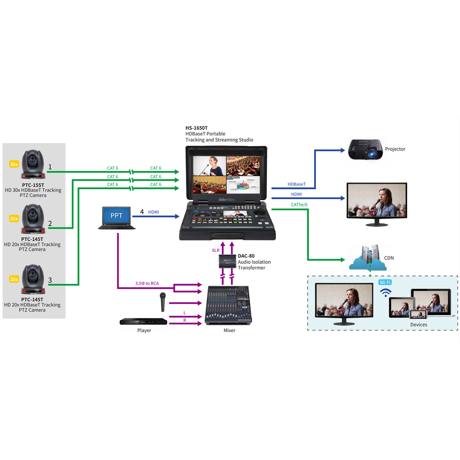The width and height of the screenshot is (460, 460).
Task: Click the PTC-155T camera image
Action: (33, 164)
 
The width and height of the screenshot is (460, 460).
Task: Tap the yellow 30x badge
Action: (14, 164)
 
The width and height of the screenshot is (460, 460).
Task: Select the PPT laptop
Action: (116, 218)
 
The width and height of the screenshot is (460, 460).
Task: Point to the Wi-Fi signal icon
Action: (386, 293)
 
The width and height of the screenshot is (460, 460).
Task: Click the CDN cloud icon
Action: (367, 258)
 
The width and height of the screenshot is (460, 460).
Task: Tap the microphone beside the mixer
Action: (163, 302)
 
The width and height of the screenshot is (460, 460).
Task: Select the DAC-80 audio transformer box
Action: (227, 261)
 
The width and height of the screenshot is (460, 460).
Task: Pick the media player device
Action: (143, 321)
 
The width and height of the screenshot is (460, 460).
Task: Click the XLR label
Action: (216, 250)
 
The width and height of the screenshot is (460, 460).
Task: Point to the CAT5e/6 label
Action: (299, 205)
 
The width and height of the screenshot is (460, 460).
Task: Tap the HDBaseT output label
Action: (296, 184)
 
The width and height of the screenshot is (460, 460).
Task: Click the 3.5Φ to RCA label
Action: (147, 284)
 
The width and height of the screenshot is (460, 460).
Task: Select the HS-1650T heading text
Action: (197, 128)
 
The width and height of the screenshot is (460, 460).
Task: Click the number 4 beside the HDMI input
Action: (142, 212)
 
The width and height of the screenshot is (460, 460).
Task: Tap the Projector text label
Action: (395, 149)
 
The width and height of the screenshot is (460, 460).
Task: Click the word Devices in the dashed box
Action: (419, 325)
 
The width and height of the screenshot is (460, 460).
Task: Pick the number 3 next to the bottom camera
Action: (50, 280)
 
